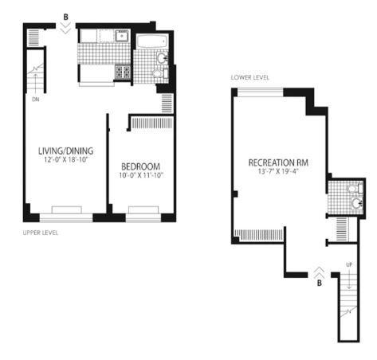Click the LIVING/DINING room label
click(x=66, y=151)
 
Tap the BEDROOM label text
click(x=140, y=166)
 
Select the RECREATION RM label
click(x=278, y=162)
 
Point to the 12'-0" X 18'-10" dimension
click(x=66, y=159)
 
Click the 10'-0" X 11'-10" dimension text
click(x=141, y=175)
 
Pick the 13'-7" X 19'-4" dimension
click(x=278, y=171)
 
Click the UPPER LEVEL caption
click(x=41, y=233)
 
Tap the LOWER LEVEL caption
click(x=250, y=77)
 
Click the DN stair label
click(x=36, y=100)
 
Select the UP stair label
click(x=349, y=264)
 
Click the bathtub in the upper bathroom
click(x=152, y=41)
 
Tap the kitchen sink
click(x=122, y=36)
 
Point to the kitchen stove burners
click(x=123, y=72)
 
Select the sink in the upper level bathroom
click(x=162, y=58)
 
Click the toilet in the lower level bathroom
click(x=355, y=189)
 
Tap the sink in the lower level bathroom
click(x=357, y=203)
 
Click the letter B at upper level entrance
click(x=65, y=18)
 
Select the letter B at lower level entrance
click(x=320, y=284)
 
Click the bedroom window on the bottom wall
click(x=143, y=218)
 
